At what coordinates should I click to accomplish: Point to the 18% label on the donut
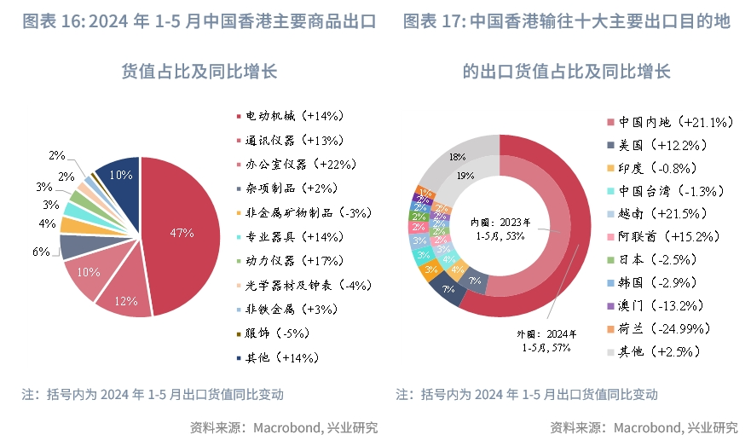click(458, 157)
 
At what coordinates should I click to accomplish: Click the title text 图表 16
click(47, 21)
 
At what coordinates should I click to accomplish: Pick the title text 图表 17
click(430, 21)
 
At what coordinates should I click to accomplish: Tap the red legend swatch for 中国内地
click(609, 122)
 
